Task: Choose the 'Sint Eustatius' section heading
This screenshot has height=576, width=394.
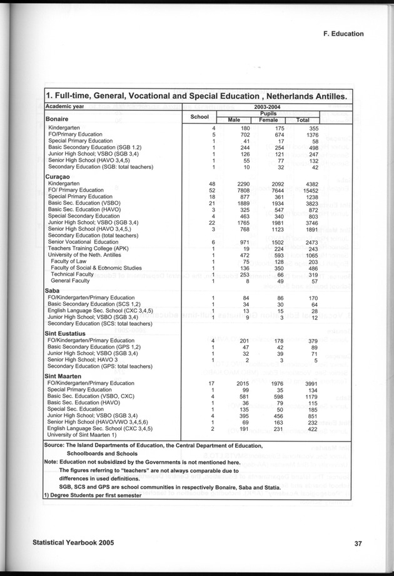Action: pyautogui.click(x=66, y=333)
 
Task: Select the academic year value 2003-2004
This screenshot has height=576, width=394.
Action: pyautogui.click(x=270, y=107)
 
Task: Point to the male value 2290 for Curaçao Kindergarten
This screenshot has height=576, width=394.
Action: pyautogui.click(x=233, y=183)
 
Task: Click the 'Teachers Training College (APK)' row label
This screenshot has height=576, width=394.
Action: pyautogui.click(x=89, y=248)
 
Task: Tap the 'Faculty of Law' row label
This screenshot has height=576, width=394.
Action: pyautogui.click(x=71, y=263)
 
